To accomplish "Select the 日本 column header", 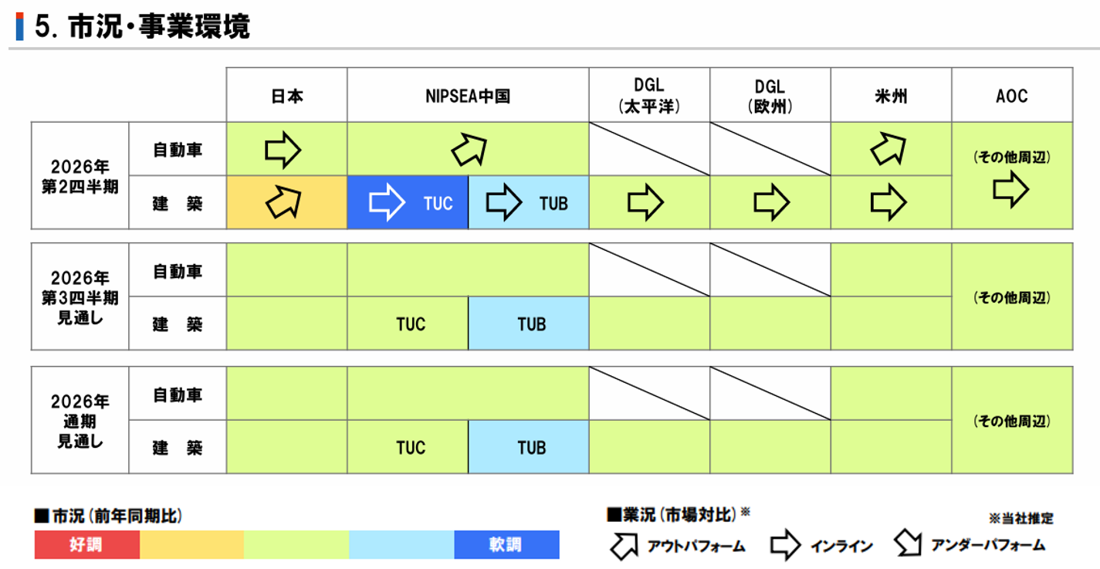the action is tap(287, 97).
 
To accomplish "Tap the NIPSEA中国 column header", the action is tap(468, 97).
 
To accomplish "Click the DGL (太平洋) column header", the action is tap(649, 96).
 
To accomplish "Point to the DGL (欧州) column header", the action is tap(770, 96).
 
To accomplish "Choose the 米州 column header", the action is tap(891, 97).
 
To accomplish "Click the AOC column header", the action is tap(1011, 96).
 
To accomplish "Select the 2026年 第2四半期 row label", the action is tap(80, 176).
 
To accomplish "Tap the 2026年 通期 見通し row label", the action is tap(80, 421).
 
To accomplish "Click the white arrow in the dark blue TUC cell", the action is tap(387, 202).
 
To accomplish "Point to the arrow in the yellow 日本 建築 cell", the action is tap(284, 202).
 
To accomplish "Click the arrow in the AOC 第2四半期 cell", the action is tap(1010, 189).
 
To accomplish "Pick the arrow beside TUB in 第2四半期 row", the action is tap(504, 202).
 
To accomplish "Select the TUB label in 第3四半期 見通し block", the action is tap(531, 324).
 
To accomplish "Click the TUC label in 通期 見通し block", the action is tap(411, 448).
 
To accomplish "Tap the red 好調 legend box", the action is tap(87, 544).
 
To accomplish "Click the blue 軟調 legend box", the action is tap(507, 544).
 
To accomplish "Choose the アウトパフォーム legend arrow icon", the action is tap(624, 545).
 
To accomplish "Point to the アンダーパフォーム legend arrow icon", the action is tap(909, 543).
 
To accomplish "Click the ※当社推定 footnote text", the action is tap(1021, 518).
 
